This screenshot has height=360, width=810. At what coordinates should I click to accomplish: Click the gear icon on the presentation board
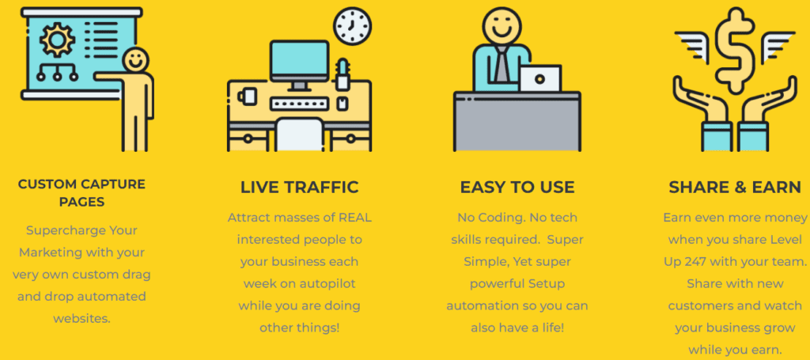[57, 40]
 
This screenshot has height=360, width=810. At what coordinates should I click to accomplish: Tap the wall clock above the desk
[352, 25]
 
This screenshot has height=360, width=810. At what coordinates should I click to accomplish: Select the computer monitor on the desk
[300, 64]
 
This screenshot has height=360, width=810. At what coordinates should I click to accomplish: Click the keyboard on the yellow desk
[300, 104]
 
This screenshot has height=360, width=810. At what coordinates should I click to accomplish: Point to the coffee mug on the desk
[248, 97]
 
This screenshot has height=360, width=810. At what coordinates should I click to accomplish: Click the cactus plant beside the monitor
[342, 74]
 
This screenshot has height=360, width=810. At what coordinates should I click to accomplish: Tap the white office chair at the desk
[299, 135]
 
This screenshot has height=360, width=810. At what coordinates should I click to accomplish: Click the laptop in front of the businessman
[539, 78]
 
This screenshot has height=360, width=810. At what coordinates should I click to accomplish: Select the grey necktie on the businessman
[501, 65]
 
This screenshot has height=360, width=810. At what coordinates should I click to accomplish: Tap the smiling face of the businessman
[501, 25]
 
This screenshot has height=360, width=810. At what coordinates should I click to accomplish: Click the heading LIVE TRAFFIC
[300, 187]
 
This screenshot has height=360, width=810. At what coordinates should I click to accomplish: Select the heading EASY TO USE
[517, 187]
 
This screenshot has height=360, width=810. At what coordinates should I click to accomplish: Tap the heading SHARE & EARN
[735, 187]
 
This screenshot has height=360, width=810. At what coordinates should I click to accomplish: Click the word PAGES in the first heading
[81, 202]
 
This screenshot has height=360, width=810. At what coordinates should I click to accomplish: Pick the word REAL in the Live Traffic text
[354, 218]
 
